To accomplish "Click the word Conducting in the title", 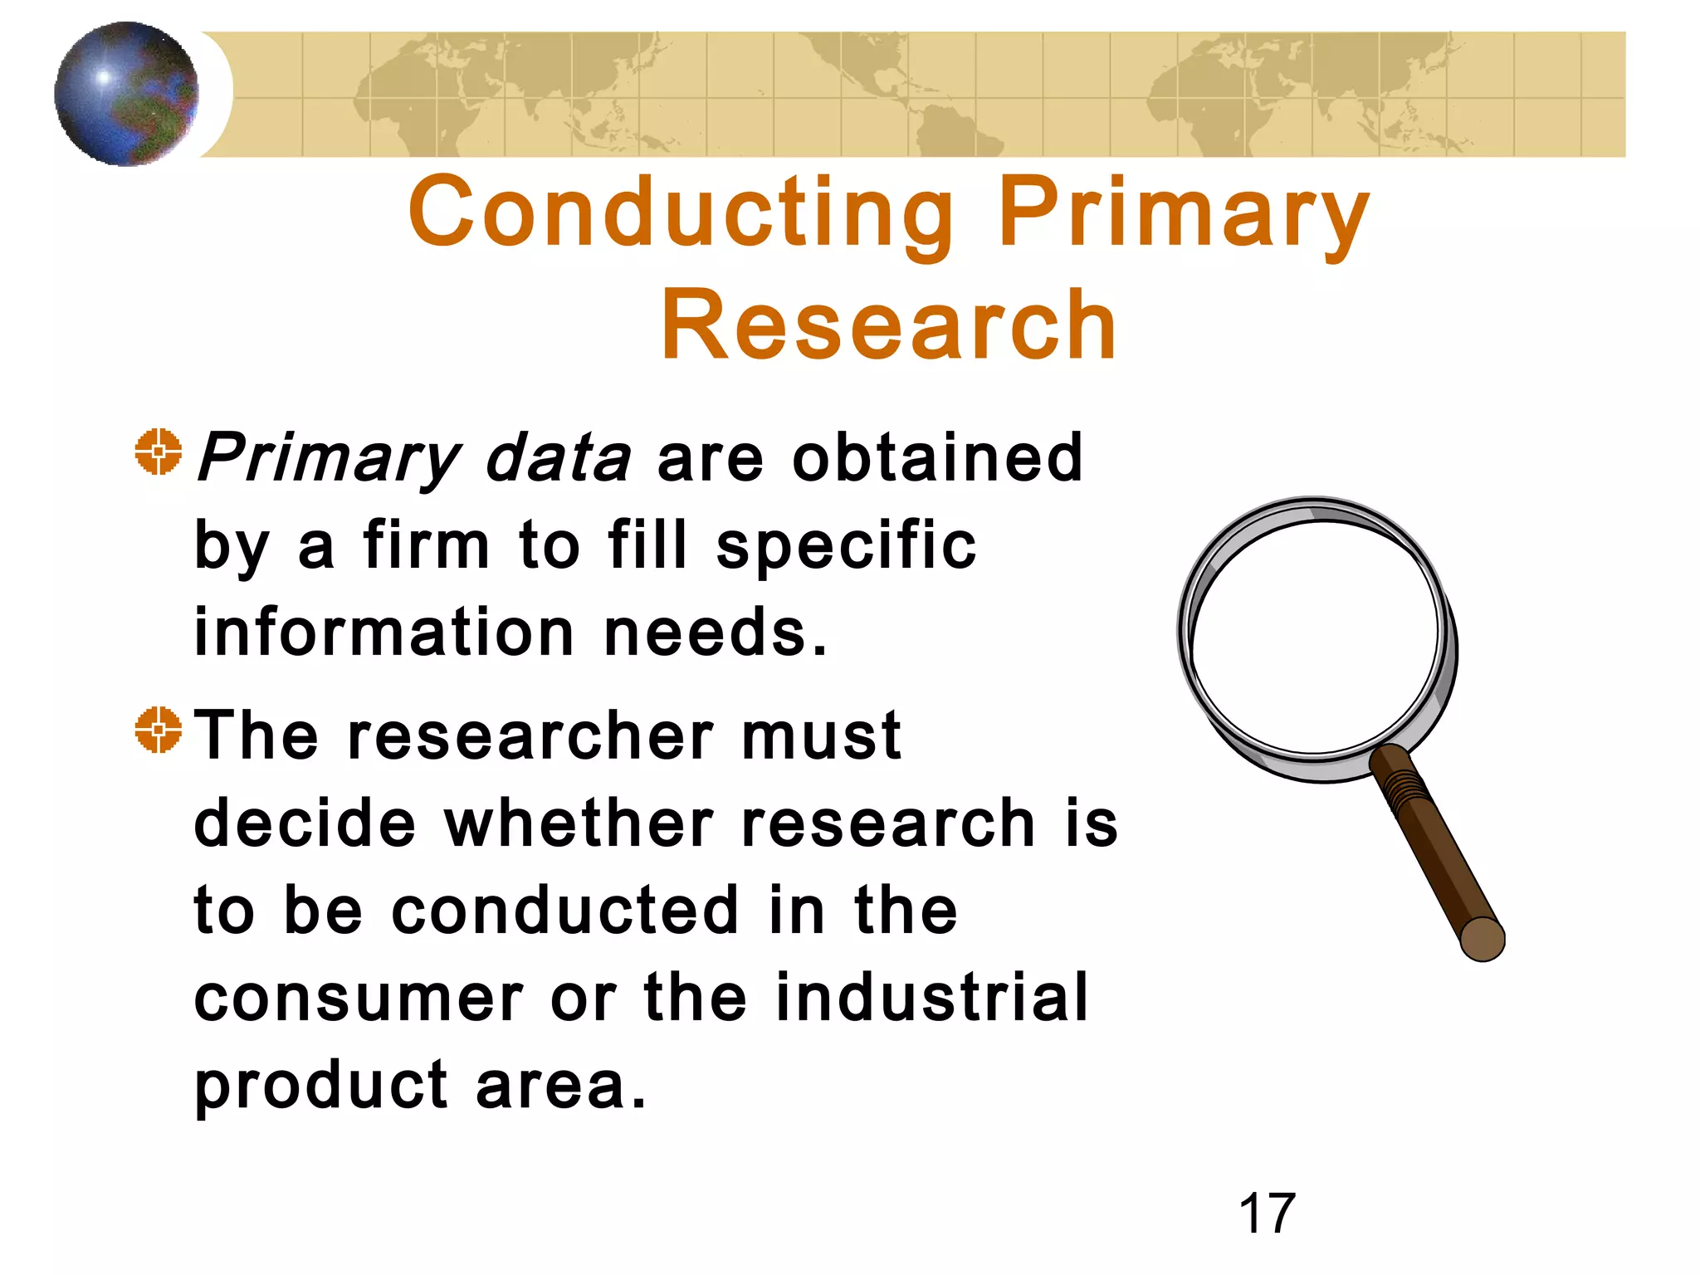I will pos(681,212).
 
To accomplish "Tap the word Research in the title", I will pos(888,325).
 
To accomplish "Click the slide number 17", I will pos(1267,1214).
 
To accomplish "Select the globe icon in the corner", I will pos(126,94).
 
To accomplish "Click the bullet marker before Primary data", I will pos(158,452).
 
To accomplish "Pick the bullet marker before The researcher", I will pos(158,730).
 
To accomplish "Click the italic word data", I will pos(558,457).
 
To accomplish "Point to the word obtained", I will pos(937,457).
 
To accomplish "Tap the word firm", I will pos(426,545).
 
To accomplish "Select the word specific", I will pos(846,545).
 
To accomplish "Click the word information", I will pos(384,633).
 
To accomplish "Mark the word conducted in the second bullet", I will pos(564,911).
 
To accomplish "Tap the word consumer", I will pos(359,998).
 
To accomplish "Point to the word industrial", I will pos(931,998).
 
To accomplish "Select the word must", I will pos(821,735).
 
